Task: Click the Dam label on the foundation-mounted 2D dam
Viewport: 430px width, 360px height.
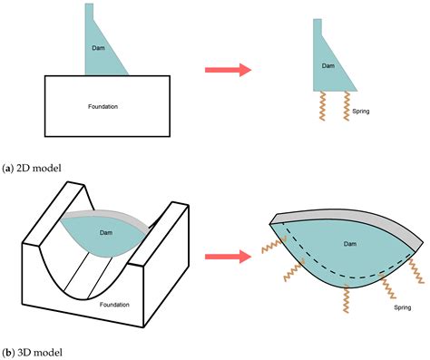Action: (x=100, y=46)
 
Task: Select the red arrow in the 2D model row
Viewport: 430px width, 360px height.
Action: (x=227, y=67)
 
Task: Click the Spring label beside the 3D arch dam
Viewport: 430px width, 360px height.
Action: (x=396, y=307)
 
